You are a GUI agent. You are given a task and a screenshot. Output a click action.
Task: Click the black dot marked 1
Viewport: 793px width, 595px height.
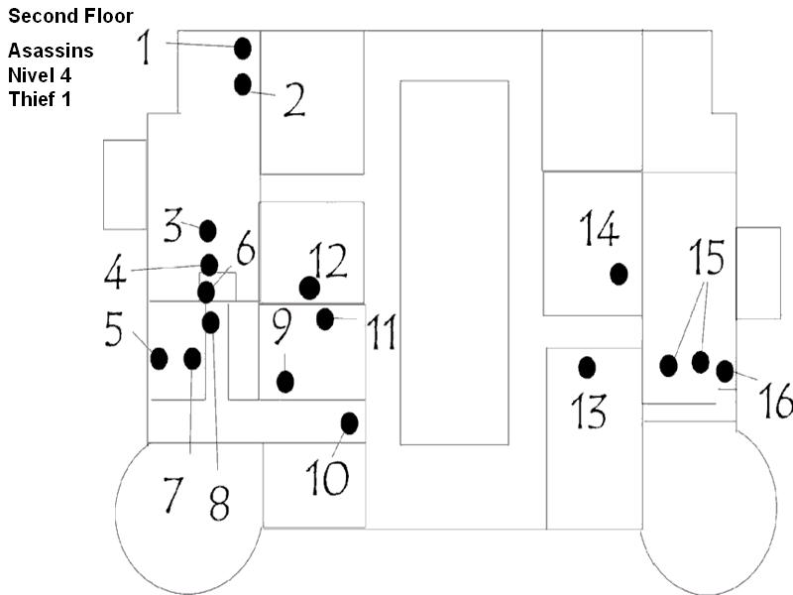click(x=242, y=48)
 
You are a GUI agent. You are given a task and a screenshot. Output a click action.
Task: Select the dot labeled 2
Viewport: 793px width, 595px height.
click(x=242, y=84)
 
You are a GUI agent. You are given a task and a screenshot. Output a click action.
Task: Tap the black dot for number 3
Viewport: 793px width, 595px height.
click(x=207, y=231)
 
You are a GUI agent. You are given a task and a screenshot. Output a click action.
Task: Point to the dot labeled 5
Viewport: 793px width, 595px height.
click(x=159, y=358)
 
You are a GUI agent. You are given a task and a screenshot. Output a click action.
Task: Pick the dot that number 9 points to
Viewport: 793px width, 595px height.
click(x=285, y=381)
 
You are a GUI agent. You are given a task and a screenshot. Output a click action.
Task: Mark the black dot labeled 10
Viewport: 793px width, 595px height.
click(x=349, y=423)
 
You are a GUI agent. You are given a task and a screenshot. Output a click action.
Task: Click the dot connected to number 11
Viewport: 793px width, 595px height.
click(x=325, y=319)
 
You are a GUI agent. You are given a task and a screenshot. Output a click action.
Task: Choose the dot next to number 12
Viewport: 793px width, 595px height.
click(x=309, y=288)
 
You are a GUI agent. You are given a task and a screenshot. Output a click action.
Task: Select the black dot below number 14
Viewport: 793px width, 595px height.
click(x=619, y=274)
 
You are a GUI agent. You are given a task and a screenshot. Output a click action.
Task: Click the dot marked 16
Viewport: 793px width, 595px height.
click(x=725, y=372)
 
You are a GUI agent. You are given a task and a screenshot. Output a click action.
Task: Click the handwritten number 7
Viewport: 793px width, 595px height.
click(x=173, y=493)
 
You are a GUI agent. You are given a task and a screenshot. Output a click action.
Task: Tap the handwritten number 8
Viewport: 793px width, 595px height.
click(x=219, y=501)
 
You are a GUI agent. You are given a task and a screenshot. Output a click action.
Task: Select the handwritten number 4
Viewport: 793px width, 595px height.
click(x=116, y=272)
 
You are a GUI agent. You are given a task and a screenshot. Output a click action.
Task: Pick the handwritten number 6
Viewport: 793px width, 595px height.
click(x=244, y=249)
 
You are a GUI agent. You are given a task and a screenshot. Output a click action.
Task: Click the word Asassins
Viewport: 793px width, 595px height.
click(x=52, y=52)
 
